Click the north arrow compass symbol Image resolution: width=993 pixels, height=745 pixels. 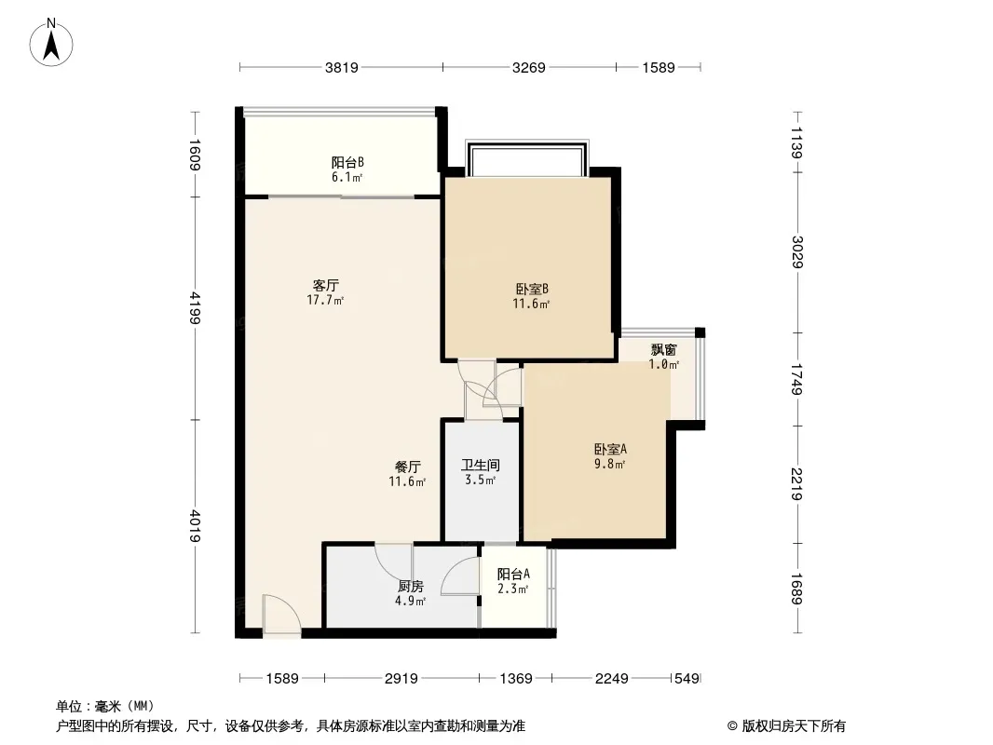[x=51, y=43]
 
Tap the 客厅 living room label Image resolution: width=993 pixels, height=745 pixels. [x=325, y=286]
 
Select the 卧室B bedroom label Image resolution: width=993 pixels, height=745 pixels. [x=531, y=290]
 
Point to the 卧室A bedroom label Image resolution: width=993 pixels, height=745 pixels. [x=610, y=450]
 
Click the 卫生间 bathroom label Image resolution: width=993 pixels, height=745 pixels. [x=480, y=466]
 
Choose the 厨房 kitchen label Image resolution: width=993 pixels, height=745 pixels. [x=411, y=587]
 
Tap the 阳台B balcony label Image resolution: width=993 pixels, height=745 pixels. [x=347, y=163]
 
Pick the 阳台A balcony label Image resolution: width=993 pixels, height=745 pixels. [x=513, y=574]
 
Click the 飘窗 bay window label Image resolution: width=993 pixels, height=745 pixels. [x=663, y=350]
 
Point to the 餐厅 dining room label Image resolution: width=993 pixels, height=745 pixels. [x=407, y=467]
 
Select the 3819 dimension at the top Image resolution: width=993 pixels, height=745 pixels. [x=341, y=67]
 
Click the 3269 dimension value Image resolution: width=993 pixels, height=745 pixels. [x=528, y=67]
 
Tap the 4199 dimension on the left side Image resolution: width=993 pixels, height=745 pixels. [x=195, y=308]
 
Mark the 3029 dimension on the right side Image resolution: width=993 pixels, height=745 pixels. [x=797, y=252]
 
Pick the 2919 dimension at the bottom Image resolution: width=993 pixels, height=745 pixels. [x=401, y=679]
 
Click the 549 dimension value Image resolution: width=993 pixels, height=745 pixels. [x=687, y=679]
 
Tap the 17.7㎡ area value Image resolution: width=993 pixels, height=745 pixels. [x=325, y=301]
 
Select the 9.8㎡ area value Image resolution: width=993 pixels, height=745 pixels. [x=609, y=465]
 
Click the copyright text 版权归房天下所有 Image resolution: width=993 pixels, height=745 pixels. [x=794, y=726]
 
